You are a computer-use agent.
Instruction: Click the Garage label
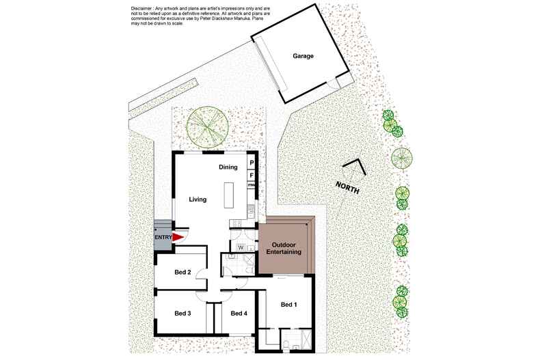click(303, 56)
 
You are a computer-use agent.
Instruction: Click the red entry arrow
click(178, 237)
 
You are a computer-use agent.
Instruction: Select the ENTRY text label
click(163, 237)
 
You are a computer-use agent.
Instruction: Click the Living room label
click(198, 199)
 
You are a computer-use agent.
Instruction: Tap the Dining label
click(228, 167)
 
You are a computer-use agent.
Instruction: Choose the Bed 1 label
click(288, 305)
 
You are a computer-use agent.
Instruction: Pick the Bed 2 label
click(183, 273)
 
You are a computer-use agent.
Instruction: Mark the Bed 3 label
click(183, 314)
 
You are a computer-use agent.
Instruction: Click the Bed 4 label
click(239, 314)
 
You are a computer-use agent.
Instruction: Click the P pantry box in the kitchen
click(252, 163)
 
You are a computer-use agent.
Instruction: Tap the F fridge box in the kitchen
click(252, 175)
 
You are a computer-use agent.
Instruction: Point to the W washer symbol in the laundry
click(241, 247)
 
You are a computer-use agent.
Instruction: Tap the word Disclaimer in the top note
click(143, 7)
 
